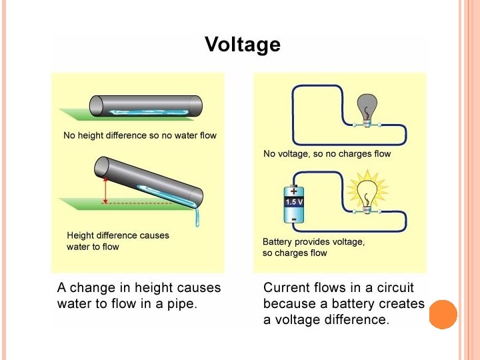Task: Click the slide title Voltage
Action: (243, 45)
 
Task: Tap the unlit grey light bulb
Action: (366, 107)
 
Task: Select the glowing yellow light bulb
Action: (366, 192)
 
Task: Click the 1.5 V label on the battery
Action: (295, 201)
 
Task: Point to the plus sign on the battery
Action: (293, 189)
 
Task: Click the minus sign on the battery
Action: (294, 217)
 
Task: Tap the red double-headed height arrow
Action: (105, 190)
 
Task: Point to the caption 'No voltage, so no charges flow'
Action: (327, 154)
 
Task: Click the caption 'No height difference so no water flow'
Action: (139, 135)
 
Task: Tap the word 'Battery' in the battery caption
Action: (278, 242)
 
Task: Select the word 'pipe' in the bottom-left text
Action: (181, 305)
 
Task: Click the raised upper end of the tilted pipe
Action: (103, 165)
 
